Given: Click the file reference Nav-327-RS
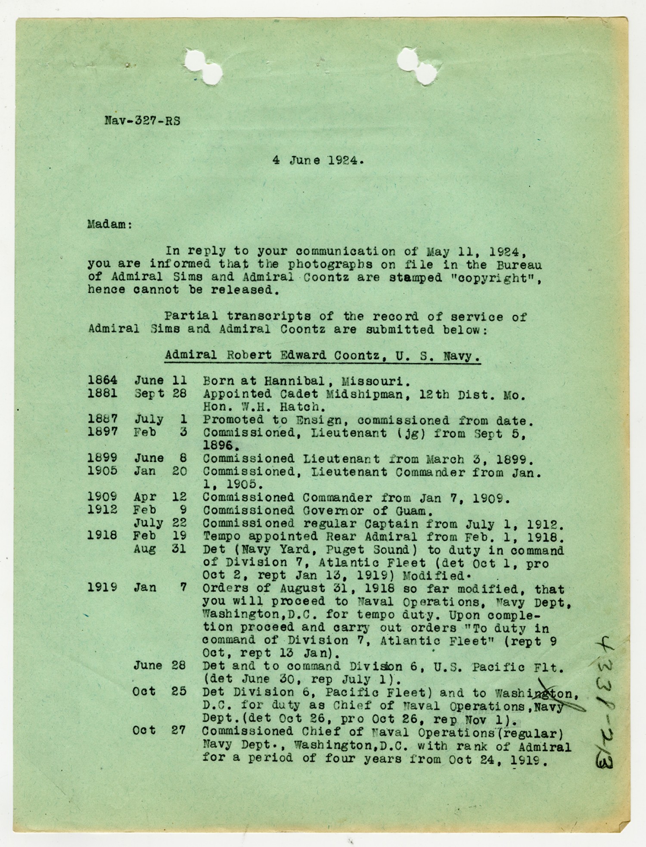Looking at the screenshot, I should click(x=142, y=121).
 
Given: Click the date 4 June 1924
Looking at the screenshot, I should click(x=318, y=161).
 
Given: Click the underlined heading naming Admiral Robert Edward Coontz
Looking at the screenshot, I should click(x=323, y=356).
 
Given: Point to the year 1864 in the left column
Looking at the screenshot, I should click(x=102, y=380).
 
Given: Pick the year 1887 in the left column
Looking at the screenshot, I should click(x=102, y=419).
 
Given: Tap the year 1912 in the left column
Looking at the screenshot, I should click(x=102, y=510).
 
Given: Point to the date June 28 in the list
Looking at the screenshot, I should click(x=159, y=666).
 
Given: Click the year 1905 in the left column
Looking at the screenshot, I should click(x=102, y=471).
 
